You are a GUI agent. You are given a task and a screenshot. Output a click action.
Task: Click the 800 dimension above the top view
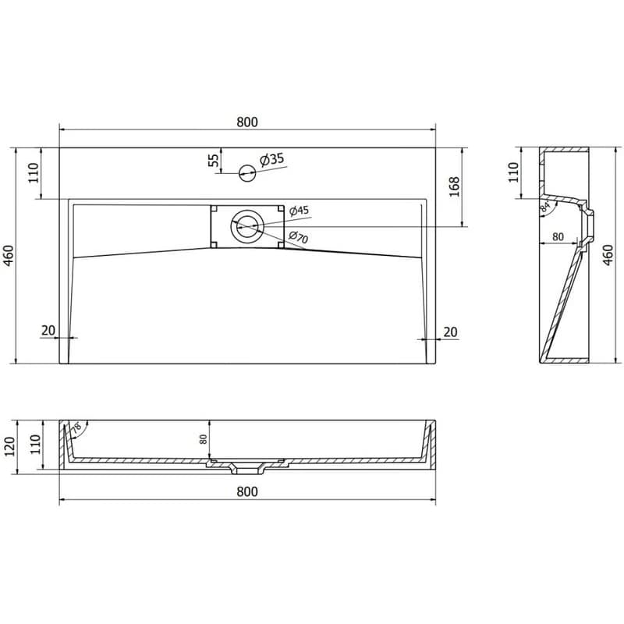(247, 122)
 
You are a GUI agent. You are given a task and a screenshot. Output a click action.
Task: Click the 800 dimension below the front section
(247, 492)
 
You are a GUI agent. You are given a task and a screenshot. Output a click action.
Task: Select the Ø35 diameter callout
(272, 159)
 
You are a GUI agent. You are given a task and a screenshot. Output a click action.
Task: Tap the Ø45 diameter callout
(299, 210)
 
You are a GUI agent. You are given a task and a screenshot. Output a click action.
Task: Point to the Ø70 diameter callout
(298, 237)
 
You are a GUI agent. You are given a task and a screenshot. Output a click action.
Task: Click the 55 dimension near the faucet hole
(214, 160)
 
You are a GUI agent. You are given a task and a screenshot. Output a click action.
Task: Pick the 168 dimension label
(454, 186)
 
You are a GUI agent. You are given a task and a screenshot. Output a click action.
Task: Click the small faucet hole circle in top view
(247, 172)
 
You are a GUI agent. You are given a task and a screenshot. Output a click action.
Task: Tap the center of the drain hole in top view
(247, 226)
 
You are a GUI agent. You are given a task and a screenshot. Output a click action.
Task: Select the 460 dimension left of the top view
(9, 256)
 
